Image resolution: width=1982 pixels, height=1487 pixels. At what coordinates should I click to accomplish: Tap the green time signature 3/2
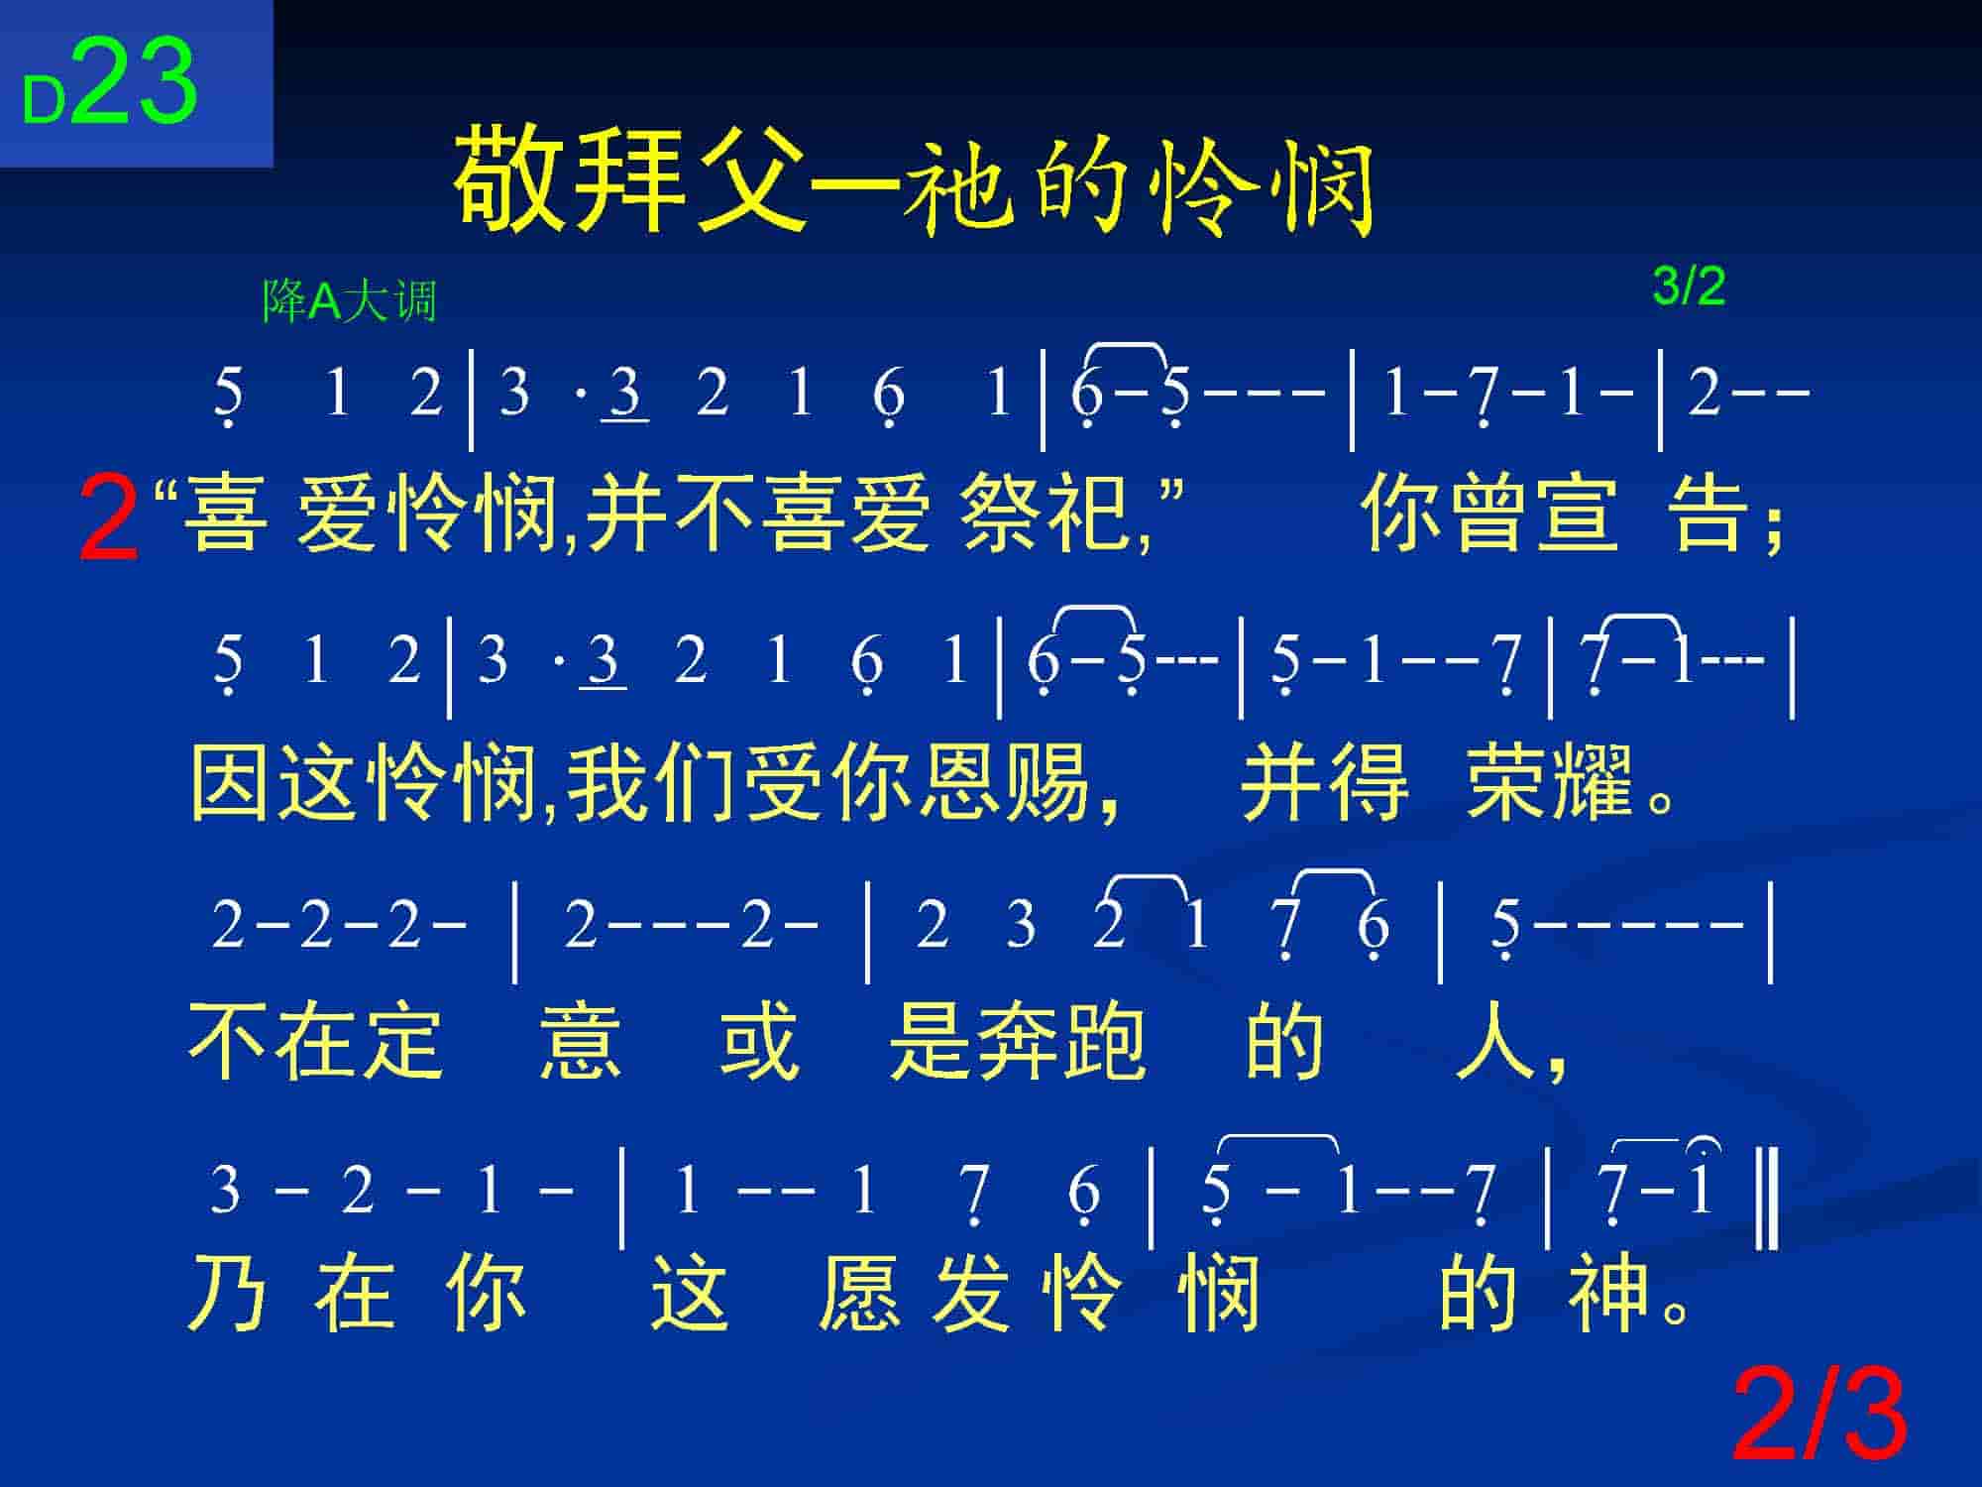(x=1689, y=286)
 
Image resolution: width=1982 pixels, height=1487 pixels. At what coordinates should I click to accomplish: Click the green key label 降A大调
(x=349, y=300)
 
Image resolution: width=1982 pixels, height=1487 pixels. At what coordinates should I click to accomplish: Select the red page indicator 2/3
(x=1819, y=1414)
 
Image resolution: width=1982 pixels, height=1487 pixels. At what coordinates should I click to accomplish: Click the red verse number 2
(x=108, y=517)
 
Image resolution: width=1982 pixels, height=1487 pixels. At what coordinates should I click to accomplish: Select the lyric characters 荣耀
(x=1550, y=783)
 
